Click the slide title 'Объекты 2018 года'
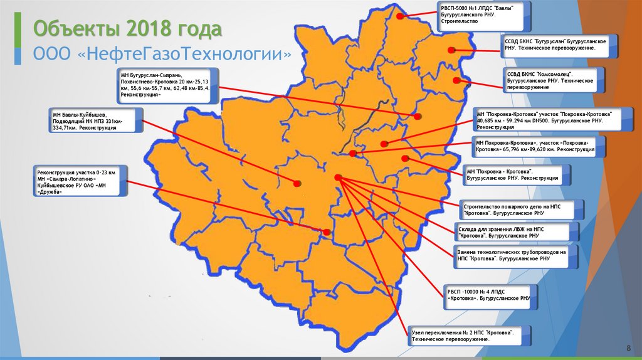pyautogui.click(x=127, y=29)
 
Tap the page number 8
pyautogui.click(x=628, y=348)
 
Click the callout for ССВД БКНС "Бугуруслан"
pyautogui.click(x=558, y=43)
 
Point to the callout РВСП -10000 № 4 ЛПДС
pyautogui.click(x=488, y=295)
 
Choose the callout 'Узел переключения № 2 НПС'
pyautogui.click(x=467, y=336)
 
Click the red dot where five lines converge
pyautogui.click(x=338, y=179)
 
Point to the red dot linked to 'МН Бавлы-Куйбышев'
pyautogui.click(x=297, y=183)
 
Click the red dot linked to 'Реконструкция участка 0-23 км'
pyautogui.click(x=327, y=232)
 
